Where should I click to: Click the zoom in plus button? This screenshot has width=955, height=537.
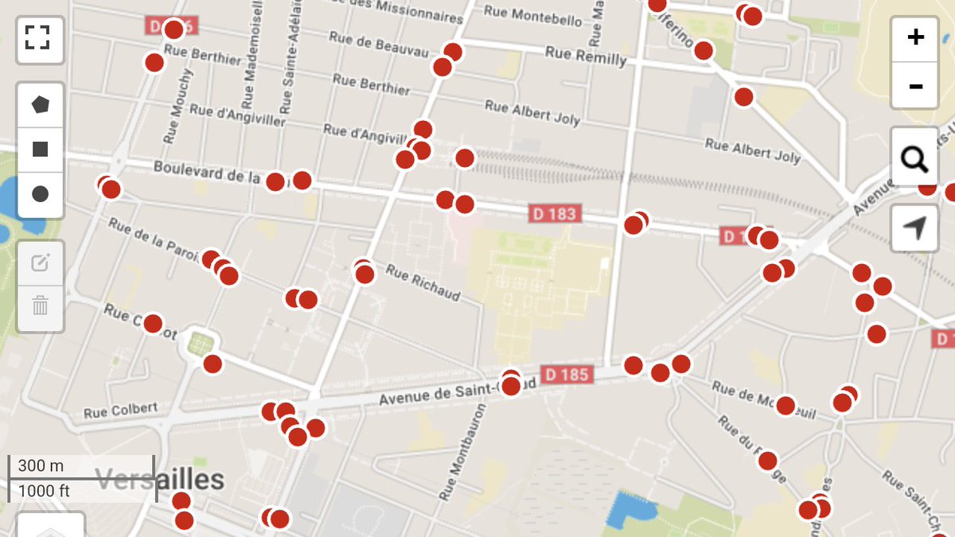click(915, 37)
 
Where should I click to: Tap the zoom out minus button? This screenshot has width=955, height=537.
click(915, 85)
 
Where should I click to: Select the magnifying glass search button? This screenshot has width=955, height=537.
click(915, 160)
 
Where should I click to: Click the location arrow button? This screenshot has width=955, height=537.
click(915, 228)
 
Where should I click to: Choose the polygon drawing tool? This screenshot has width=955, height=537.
click(40, 104)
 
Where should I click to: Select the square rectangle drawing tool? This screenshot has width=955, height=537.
click(40, 149)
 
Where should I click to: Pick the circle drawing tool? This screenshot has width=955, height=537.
click(40, 194)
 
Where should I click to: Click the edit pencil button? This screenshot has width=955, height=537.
click(40, 263)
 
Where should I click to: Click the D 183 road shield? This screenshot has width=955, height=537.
click(555, 213)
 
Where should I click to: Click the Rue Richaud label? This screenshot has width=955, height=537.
click(423, 282)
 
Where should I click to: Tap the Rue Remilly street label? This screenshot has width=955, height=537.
click(586, 56)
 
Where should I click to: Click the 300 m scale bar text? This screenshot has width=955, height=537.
click(41, 465)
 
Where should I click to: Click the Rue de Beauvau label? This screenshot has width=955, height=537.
click(380, 45)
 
